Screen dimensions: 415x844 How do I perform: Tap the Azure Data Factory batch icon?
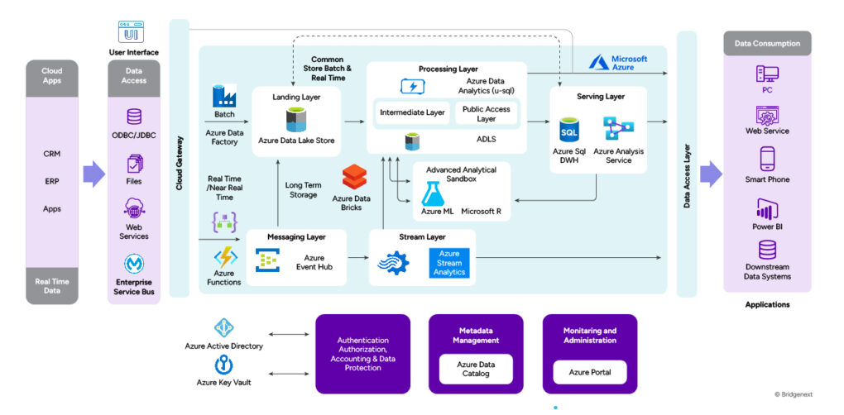pyautogui.click(x=224, y=96)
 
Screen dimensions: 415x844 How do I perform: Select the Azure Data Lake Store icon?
pyautogui.click(x=296, y=120)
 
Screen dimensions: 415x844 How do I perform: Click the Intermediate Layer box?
pyautogui.click(x=411, y=112)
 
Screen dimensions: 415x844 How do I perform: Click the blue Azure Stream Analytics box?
pyautogui.click(x=449, y=263)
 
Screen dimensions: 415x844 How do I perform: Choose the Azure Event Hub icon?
pyautogui.click(x=266, y=261)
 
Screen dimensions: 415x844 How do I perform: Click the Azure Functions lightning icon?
pyautogui.click(x=224, y=257)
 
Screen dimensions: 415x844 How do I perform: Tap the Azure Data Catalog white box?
pyautogui.click(x=476, y=368)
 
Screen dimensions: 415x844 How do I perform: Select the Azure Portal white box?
pyautogui.click(x=589, y=372)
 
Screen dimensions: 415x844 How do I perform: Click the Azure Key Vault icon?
pyautogui.click(x=223, y=365)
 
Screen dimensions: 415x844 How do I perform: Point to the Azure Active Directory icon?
pyautogui.click(x=224, y=328)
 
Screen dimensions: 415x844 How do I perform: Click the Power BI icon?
pyautogui.click(x=767, y=209)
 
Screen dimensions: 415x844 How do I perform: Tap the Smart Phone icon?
pyautogui.click(x=767, y=159)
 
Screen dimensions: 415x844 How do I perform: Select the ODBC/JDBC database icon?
pyautogui.click(x=134, y=117)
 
